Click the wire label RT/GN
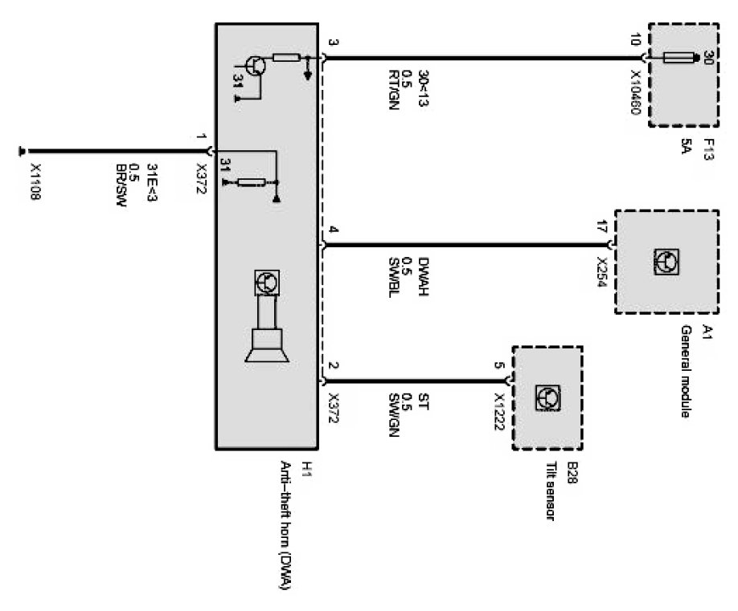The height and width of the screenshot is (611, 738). (395, 93)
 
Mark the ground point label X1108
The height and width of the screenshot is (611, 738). (35, 183)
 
